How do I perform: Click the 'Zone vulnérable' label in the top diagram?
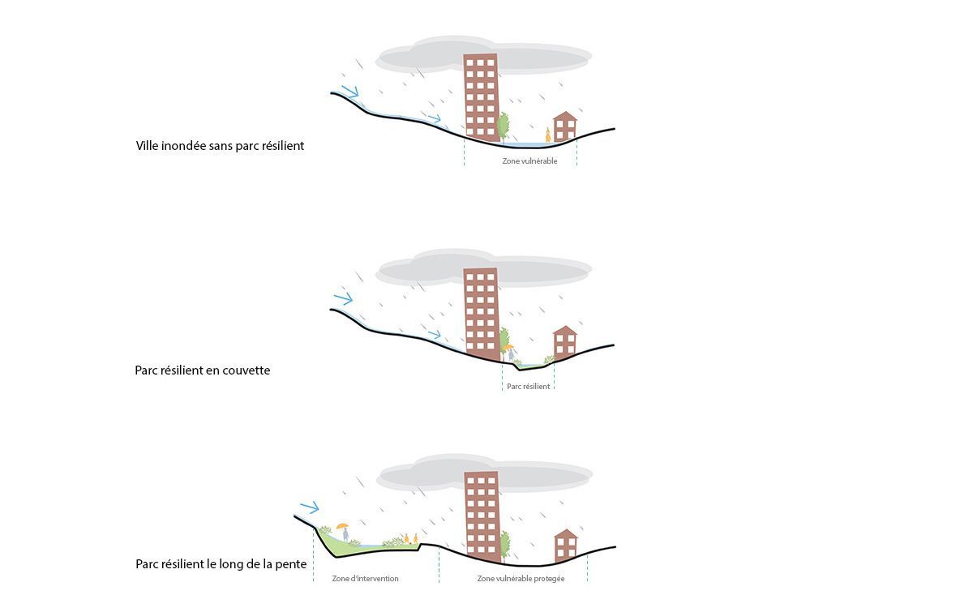pos(529,161)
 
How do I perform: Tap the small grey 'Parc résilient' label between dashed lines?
pos(528,387)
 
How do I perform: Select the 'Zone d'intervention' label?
pos(366,579)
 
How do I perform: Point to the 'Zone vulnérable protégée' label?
pos(521,579)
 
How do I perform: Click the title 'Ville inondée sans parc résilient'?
pos(220,145)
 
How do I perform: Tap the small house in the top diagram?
pos(564,126)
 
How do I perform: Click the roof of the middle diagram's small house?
pos(564,331)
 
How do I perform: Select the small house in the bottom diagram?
pos(566,545)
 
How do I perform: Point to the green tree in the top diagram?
pos(503,126)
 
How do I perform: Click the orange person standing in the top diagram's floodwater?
pos(548,135)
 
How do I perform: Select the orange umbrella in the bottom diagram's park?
pos(342,526)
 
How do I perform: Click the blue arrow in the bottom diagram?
pos(309,507)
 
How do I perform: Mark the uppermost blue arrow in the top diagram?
pos(350,91)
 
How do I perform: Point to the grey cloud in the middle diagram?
pos(484,268)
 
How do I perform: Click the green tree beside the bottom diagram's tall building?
pos(504,546)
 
